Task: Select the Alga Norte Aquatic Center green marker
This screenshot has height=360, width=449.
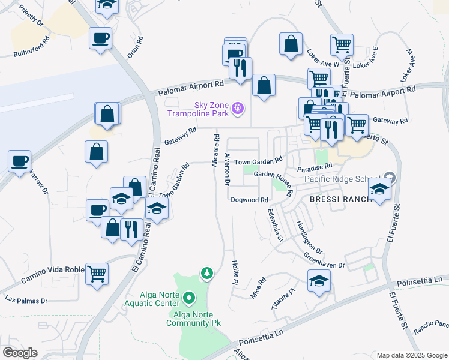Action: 188,297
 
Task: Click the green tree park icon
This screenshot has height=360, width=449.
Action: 207,274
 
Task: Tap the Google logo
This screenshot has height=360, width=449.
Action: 20,353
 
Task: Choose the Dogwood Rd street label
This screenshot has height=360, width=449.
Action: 249,200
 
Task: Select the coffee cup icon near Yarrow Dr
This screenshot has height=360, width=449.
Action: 19,160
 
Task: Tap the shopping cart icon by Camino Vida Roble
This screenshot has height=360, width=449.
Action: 97,274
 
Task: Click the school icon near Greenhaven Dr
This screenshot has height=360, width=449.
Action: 319,280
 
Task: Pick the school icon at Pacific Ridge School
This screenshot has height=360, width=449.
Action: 379,189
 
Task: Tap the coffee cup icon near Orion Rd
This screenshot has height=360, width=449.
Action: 100,38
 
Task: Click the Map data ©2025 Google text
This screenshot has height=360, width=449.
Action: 412,355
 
